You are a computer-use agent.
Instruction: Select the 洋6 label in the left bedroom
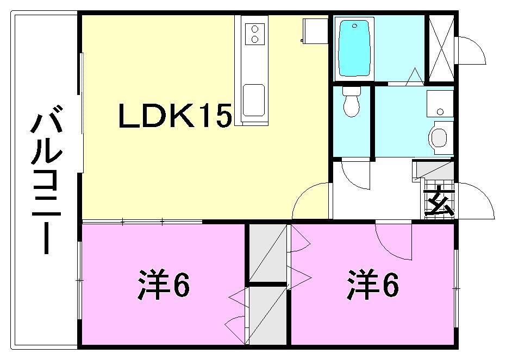tap(163, 286)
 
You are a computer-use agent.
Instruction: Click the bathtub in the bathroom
tap(356, 48)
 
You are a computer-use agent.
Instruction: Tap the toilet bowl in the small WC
tap(352, 103)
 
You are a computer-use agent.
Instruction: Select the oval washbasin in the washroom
tap(439, 136)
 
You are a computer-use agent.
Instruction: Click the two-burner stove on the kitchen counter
tap(254, 34)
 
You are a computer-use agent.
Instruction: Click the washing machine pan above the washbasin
tap(440, 103)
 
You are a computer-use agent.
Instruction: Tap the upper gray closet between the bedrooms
tap(267, 253)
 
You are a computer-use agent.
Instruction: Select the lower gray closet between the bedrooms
tap(267, 315)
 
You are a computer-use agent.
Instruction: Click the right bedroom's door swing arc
tap(392, 241)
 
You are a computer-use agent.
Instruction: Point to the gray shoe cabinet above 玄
tap(435, 171)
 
